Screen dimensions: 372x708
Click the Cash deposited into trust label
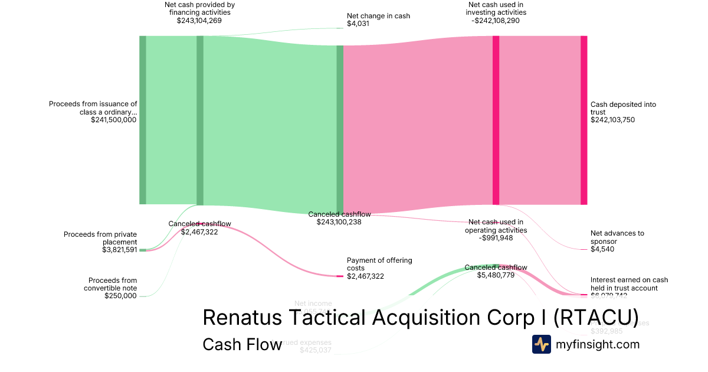[623, 108]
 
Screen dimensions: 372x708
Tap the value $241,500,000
[114, 119]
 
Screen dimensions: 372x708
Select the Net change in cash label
[378, 16]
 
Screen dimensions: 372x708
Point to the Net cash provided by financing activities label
[199, 8]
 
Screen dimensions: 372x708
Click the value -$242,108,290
[496, 20]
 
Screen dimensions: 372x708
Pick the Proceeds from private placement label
[100, 238]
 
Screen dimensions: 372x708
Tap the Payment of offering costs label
[379, 264]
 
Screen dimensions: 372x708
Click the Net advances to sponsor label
[617, 237]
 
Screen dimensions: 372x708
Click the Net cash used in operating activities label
[496, 226]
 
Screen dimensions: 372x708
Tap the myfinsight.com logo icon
[542, 344]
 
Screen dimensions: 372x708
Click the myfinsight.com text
[598, 344]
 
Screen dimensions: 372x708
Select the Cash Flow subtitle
[242, 344]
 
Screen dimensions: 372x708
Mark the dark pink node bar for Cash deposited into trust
[584, 120]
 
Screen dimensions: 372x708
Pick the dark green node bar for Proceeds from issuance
[142, 120]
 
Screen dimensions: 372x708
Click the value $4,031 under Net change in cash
[359, 24]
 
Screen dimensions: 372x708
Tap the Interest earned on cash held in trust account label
[629, 283]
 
